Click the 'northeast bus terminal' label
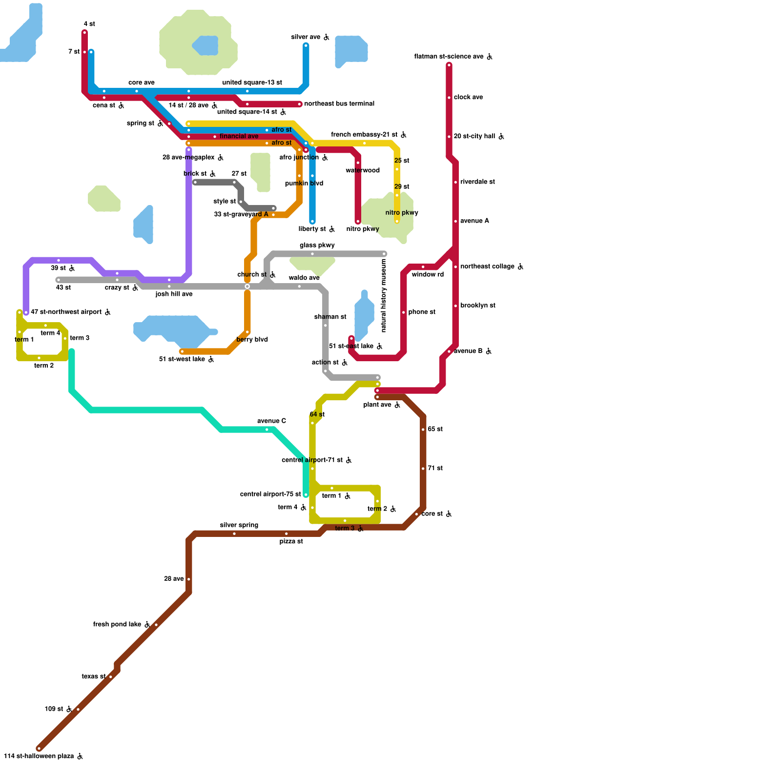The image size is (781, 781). click(339, 104)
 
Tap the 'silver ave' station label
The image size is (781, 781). click(306, 37)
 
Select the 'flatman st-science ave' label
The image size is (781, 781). click(449, 57)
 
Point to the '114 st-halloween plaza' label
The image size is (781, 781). click(39, 756)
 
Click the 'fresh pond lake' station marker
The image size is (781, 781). click(156, 625)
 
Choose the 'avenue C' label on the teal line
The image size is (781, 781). click(271, 421)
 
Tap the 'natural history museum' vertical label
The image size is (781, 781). click(384, 295)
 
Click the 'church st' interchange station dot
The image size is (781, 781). click(247, 287)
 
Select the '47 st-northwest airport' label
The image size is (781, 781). click(66, 312)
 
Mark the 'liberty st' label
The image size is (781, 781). click(312, 229)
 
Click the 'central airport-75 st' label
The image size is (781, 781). click(270, 494)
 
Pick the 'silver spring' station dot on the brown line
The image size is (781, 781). click(234, 534)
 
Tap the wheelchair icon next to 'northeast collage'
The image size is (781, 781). click(521, 267)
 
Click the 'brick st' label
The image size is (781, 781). click(195, 174)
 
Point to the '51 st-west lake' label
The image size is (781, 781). click(182, 359)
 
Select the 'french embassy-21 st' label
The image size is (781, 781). click(364, 135)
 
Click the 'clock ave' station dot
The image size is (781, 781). click(449, 98)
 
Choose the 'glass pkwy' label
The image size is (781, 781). click(317, 246)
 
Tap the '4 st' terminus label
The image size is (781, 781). click(89, 24)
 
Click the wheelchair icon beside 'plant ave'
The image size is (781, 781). click(397, 405)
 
